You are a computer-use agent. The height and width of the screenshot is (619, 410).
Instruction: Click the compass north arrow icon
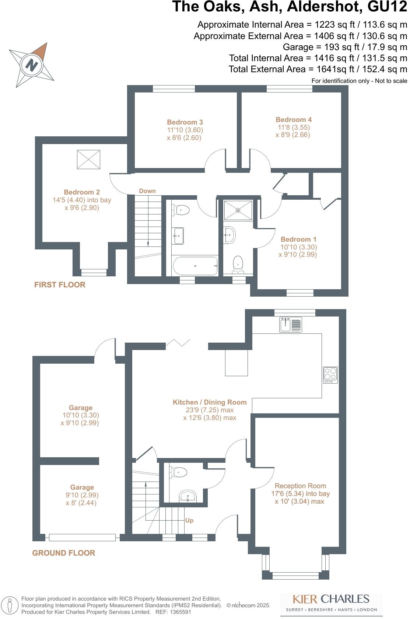tap(32, 65)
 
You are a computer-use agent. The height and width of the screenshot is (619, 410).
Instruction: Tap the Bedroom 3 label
tap(185, 122)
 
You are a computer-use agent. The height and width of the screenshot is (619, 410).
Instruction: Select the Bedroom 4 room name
tap(294, 120)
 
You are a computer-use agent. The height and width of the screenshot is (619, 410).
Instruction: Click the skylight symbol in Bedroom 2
tap(88, 160)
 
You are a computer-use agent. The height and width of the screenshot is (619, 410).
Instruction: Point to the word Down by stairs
tap(147, 191)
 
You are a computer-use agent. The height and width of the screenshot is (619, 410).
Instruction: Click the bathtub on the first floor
tap(195, 266)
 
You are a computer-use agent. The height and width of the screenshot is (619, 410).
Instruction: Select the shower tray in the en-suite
tap(238, 210)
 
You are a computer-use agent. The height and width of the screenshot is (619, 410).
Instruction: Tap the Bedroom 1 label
tap(298, 239)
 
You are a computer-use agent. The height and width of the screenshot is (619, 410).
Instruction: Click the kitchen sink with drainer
tap(290, 325)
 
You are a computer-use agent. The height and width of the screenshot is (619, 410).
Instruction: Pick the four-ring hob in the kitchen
tap(330, 374)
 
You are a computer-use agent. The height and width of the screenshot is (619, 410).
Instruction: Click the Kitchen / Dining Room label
tap(210, 402)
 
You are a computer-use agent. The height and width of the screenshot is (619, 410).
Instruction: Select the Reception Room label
tap(300, 486)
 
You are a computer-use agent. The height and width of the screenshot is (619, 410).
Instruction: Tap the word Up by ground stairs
tap(189, 520)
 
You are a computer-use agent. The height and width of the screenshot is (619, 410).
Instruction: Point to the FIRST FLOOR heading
tap(60, 284)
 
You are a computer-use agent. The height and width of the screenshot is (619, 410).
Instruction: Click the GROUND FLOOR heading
tap(64, 553)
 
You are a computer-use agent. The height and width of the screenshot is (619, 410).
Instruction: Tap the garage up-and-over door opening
tap(82, 538)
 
